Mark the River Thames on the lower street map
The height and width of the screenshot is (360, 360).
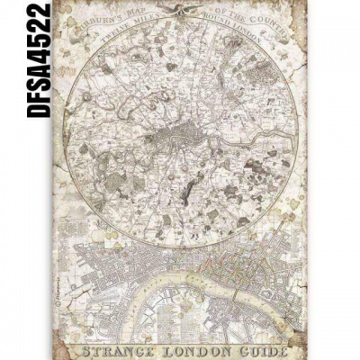pos(180,293)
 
